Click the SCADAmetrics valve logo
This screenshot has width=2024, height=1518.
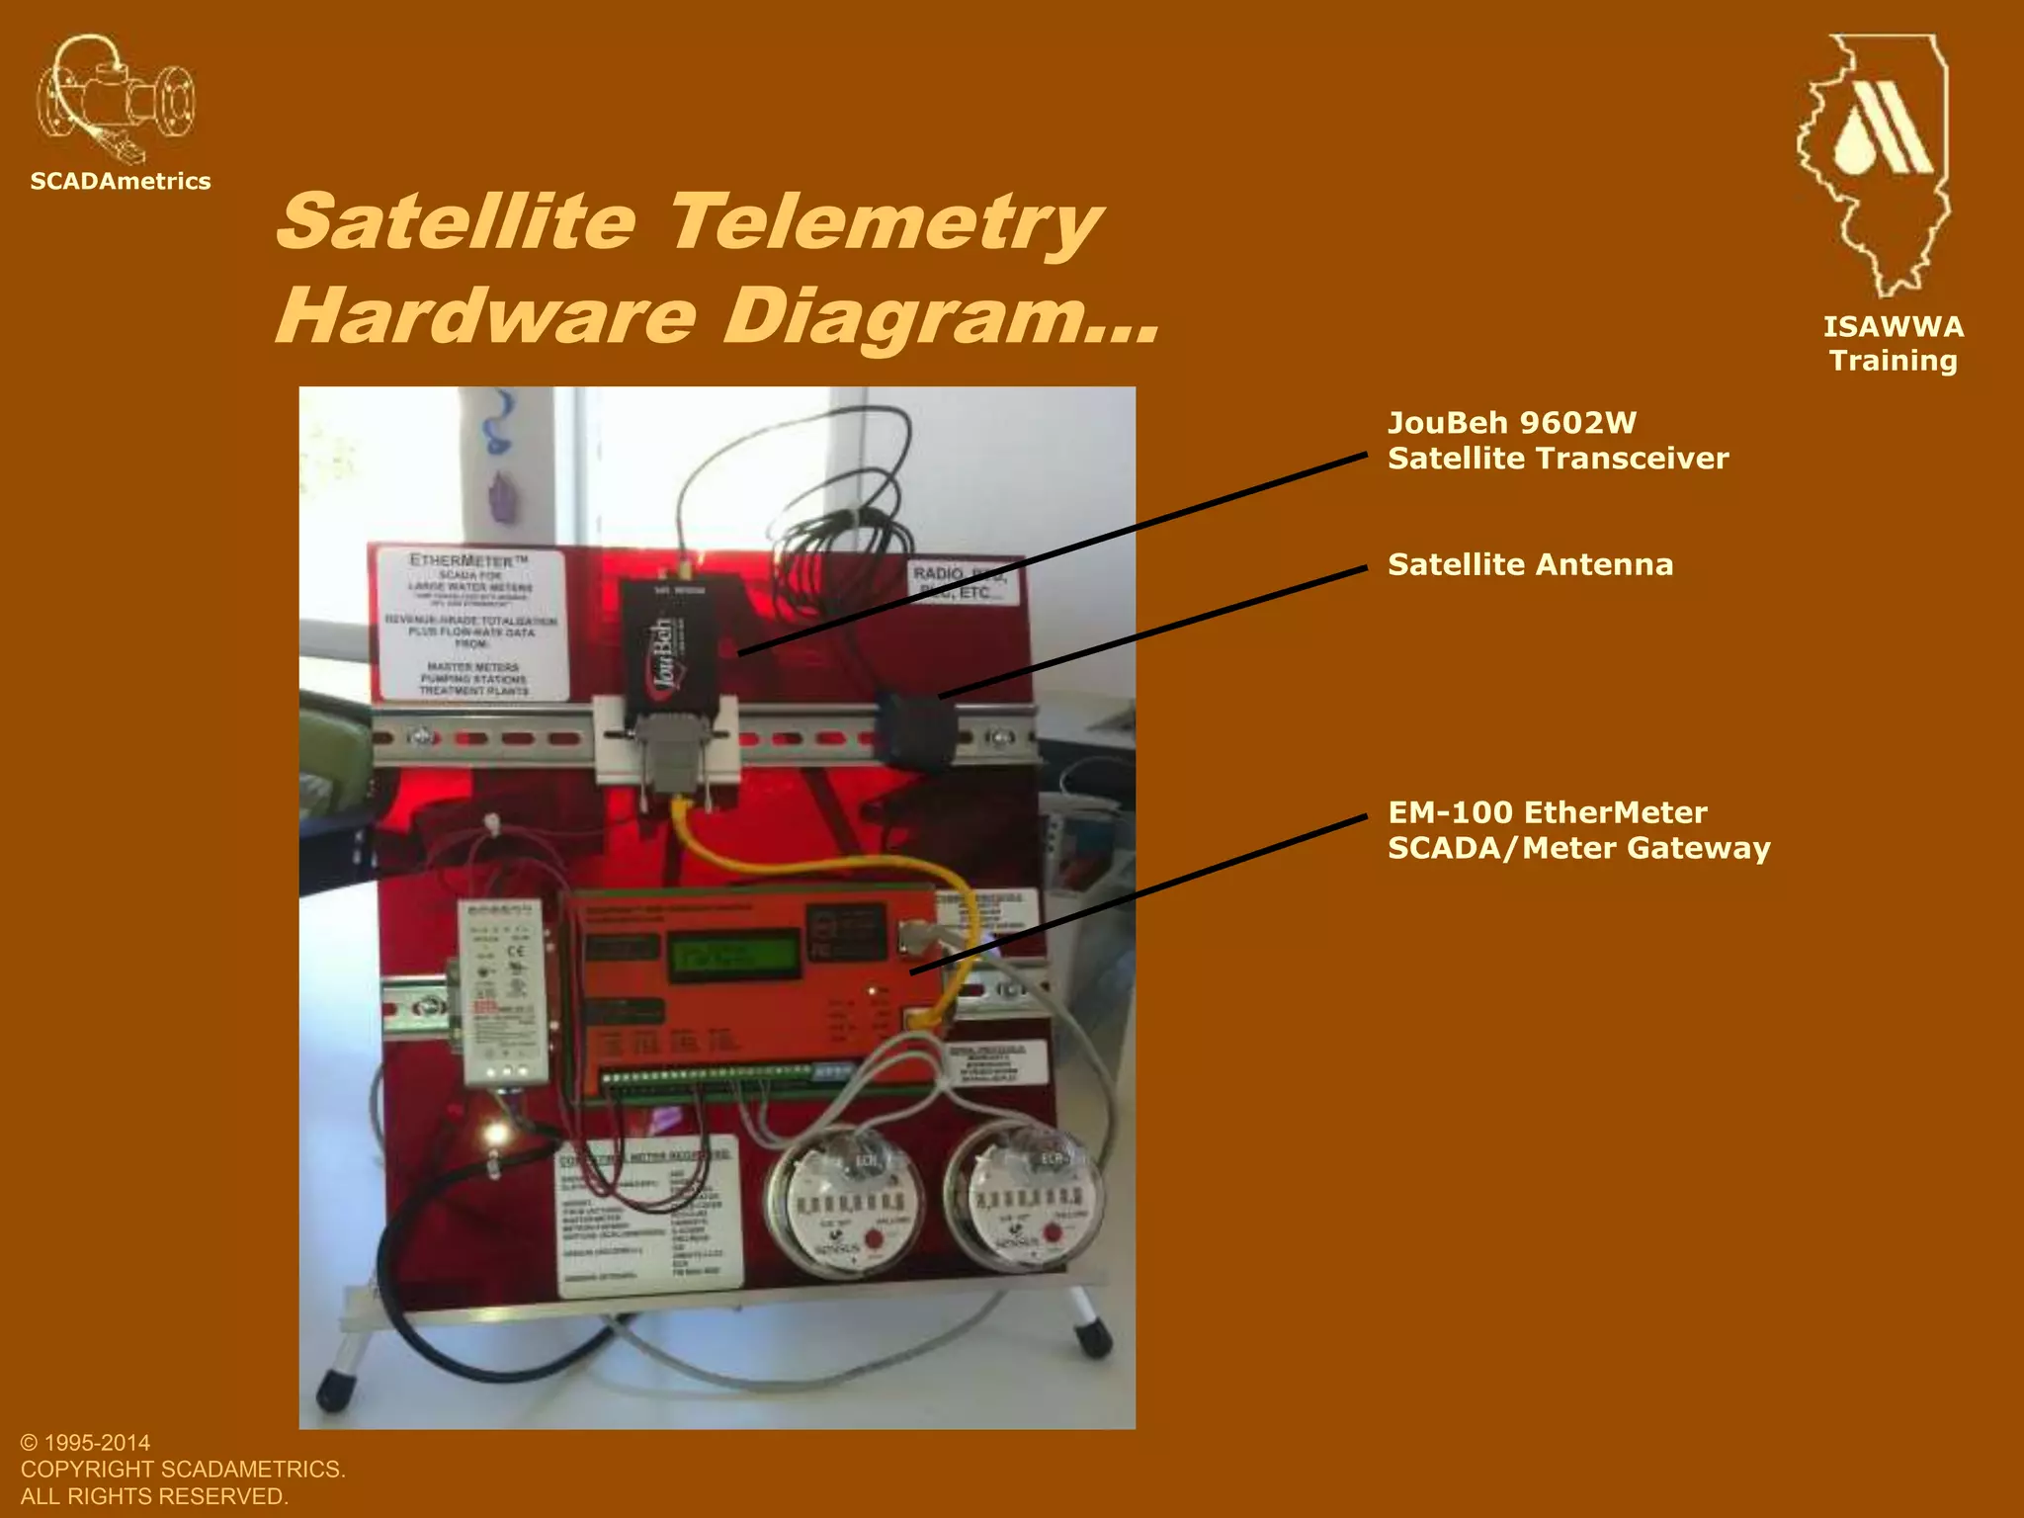click(116, 99)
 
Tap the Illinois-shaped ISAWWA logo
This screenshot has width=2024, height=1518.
click(1876, 163)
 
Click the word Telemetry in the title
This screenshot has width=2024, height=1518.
click(885, 221)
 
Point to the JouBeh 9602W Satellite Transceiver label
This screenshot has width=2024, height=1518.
click(1558, 441)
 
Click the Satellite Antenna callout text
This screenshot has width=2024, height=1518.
click(1530, 564)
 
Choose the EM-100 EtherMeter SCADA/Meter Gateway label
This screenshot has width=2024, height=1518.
click(1578, 830)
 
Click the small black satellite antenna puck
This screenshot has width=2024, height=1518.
click(916, 729)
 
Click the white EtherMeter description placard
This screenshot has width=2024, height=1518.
click(469, 624)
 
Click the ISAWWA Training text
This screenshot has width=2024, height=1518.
click(1893, 344)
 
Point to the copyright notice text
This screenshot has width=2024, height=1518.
click(183, 1470)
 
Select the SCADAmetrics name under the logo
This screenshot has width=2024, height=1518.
click(121, 181)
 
